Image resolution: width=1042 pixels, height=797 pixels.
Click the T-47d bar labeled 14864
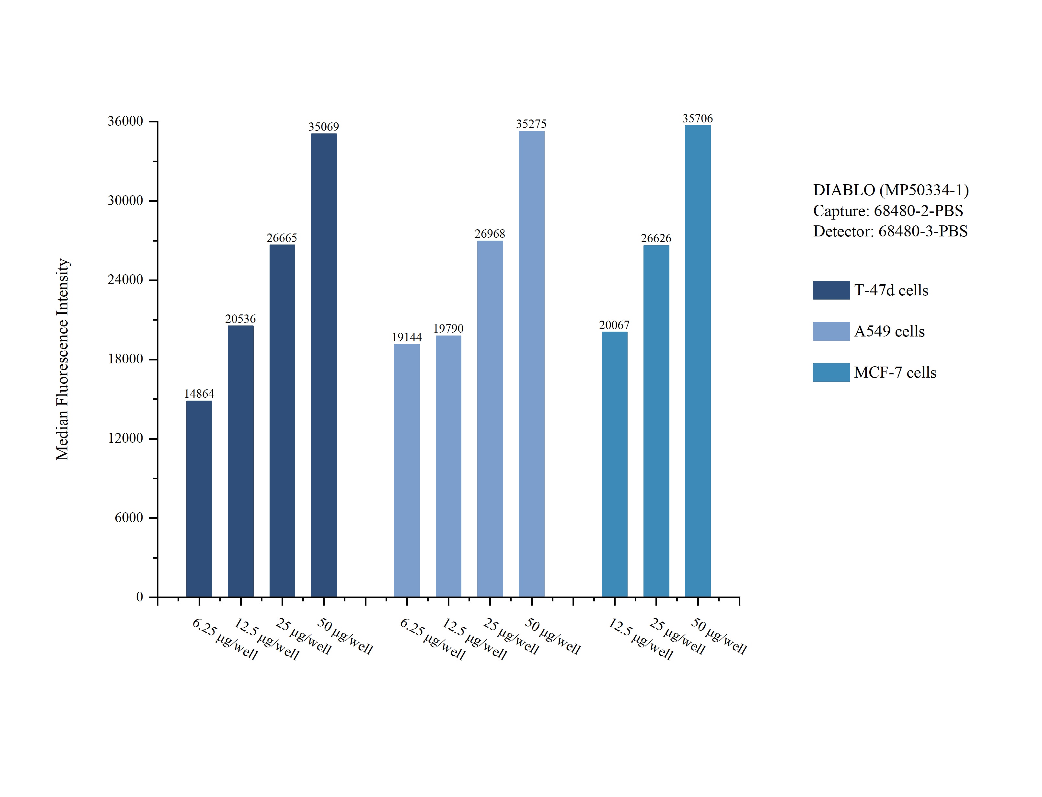tap(199, 498)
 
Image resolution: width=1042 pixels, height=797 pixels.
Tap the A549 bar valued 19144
tap(407, 470)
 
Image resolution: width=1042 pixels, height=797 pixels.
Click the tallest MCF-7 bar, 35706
tap(698, 360)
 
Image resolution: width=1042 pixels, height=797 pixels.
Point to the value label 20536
tap(240, 319)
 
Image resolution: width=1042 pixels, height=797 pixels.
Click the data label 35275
tap(531, 124)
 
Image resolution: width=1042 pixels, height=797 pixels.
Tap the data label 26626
tap(656, 238)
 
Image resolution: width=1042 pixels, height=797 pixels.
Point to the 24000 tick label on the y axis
tap(125, 279)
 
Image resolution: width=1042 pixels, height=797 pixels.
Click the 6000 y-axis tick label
tap(129, 517)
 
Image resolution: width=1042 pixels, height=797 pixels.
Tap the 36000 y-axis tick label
tap(125, 121)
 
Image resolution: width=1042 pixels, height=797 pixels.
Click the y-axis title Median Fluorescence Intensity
tap(63, 359)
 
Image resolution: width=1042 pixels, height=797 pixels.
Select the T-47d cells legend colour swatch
tap(831, 290)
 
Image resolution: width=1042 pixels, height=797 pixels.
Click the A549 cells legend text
tap(889, 331)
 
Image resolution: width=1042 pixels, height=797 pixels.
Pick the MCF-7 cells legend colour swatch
tap(831, 372)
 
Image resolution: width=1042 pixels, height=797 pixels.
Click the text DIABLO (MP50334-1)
tap(891, 190)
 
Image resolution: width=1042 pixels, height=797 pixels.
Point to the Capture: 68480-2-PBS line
tap(888, 211)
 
